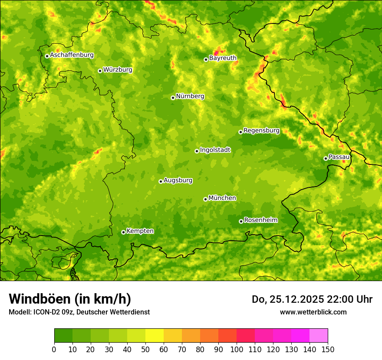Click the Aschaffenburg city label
72,55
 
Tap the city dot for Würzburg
100,71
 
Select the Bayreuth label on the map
223,58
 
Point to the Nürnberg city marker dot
173,98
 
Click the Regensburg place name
261,130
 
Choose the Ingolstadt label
215,150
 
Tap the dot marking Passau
326,158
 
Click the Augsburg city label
178,180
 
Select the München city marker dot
205,199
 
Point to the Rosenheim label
260,220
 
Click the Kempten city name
140,231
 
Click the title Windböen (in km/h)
70,299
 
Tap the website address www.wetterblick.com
313,312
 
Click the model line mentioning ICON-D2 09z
79,312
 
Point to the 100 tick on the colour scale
237,349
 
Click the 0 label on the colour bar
54,349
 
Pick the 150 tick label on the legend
328,349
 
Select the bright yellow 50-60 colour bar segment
154,336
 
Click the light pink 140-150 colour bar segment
319,336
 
